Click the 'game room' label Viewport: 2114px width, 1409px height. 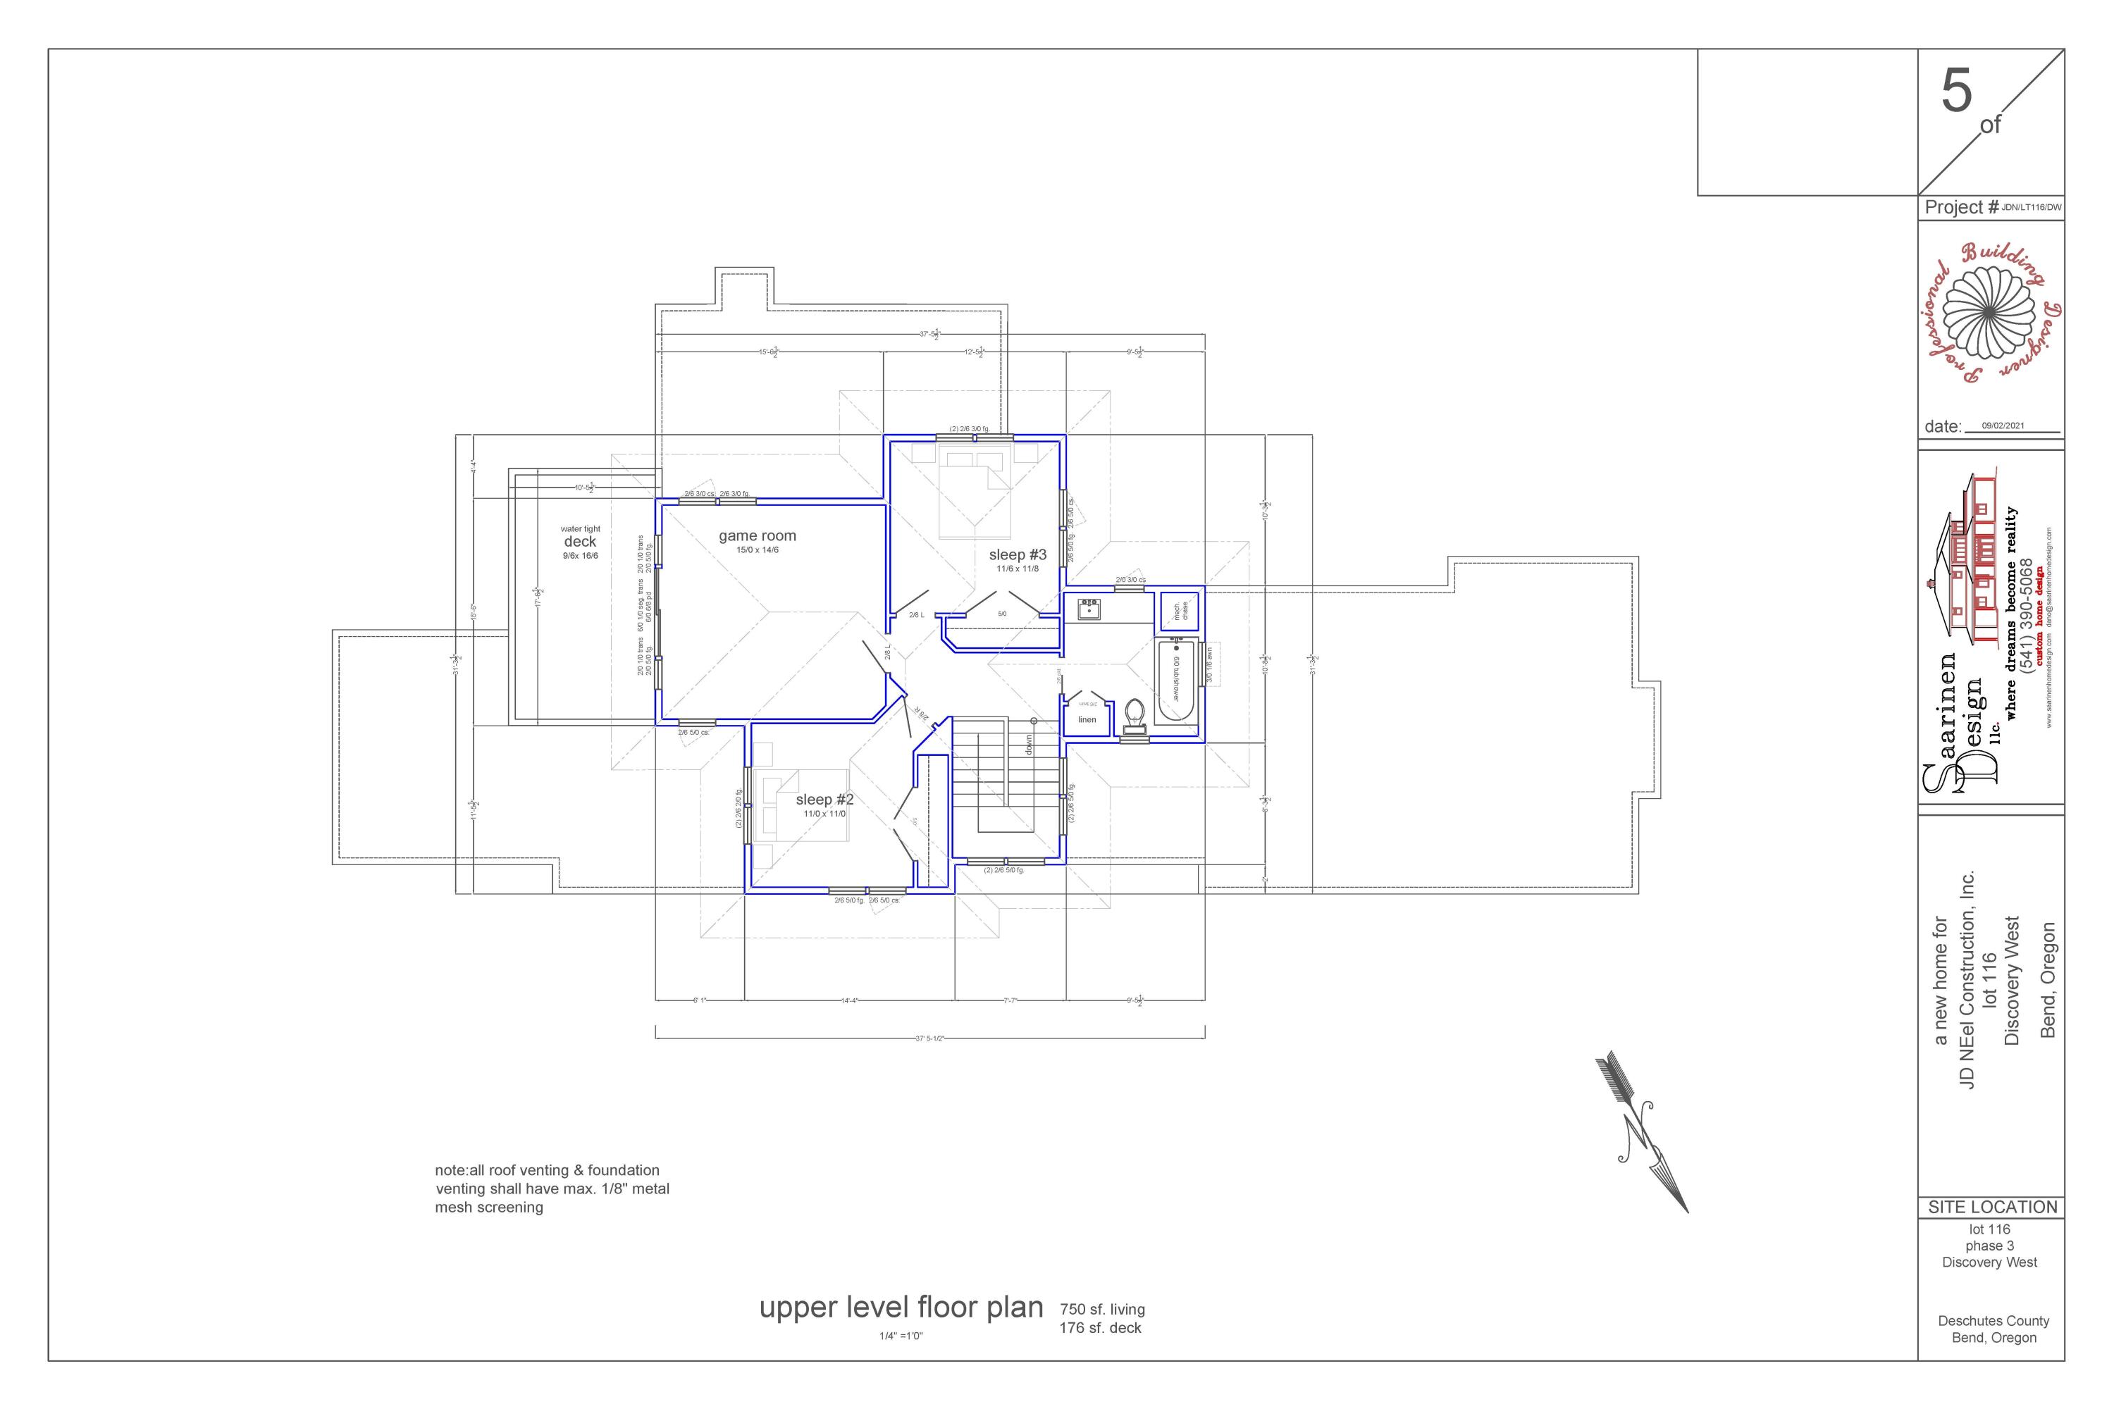pos(757,536)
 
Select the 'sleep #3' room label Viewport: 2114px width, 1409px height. pos(1018,555)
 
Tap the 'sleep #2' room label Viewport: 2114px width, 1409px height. pos(824,800)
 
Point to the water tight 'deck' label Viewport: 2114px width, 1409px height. pos(580,542)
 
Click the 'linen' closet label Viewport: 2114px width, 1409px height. pos(1087,720)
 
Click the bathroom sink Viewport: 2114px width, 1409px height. pos(1089,609)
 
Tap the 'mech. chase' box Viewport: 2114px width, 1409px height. pos(1181,611)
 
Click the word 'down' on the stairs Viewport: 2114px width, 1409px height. pos(1029,744)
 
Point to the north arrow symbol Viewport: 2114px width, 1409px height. pos(1641,1133)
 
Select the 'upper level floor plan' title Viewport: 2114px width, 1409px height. pos(901,1308)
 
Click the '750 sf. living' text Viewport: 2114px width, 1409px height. pos(1102,1309)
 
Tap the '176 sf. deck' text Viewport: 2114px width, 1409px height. pos(1100,1328)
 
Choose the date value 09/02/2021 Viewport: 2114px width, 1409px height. pos(2003,426)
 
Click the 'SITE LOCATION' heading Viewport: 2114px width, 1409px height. pos(1992,1207)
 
